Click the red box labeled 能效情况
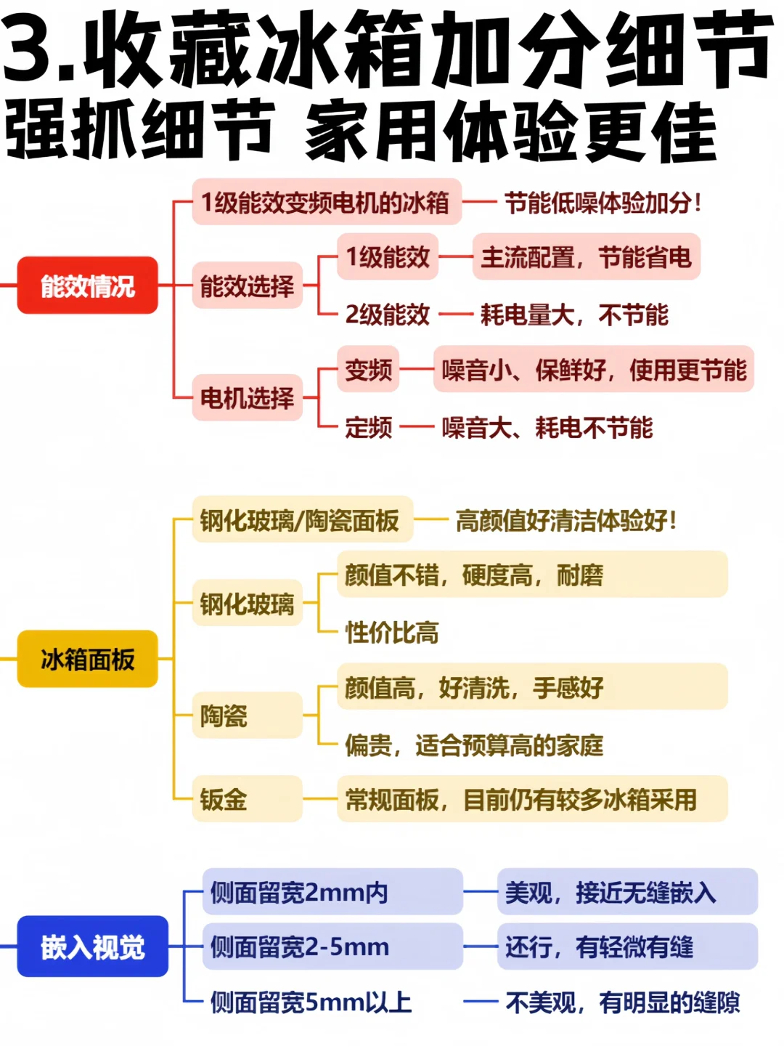(x=87, y=285)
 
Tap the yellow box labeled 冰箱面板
(x=87, y=659)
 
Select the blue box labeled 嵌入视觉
(x=92, y=946)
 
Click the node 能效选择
(x=247, y=285)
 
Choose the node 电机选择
(x=247, y=397)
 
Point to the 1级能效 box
(x=388, y=257)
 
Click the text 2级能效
(x=388, y=315)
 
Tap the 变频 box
(x=368, y=370)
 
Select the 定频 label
(x=368, y=427)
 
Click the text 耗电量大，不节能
(x=574, y=315)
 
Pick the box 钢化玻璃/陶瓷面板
(x=301, y=520)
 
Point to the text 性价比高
(x=392, y=633)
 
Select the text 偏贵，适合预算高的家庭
(x=474, y=745)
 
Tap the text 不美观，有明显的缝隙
(x=622, y=1003)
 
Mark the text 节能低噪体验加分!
(x=603, y=203)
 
